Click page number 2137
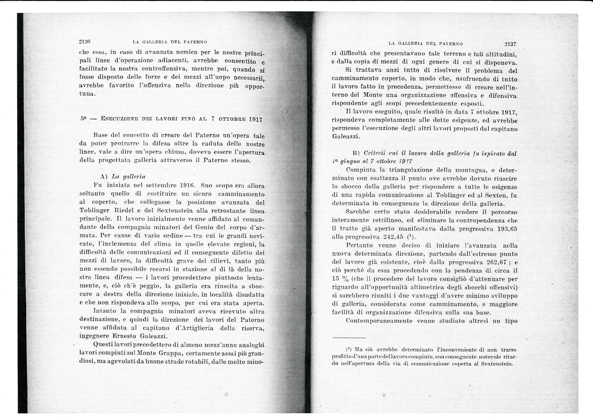(510, 44)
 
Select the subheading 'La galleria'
(128, 177)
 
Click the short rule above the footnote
(349, 338)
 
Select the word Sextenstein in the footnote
(497, 364)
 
